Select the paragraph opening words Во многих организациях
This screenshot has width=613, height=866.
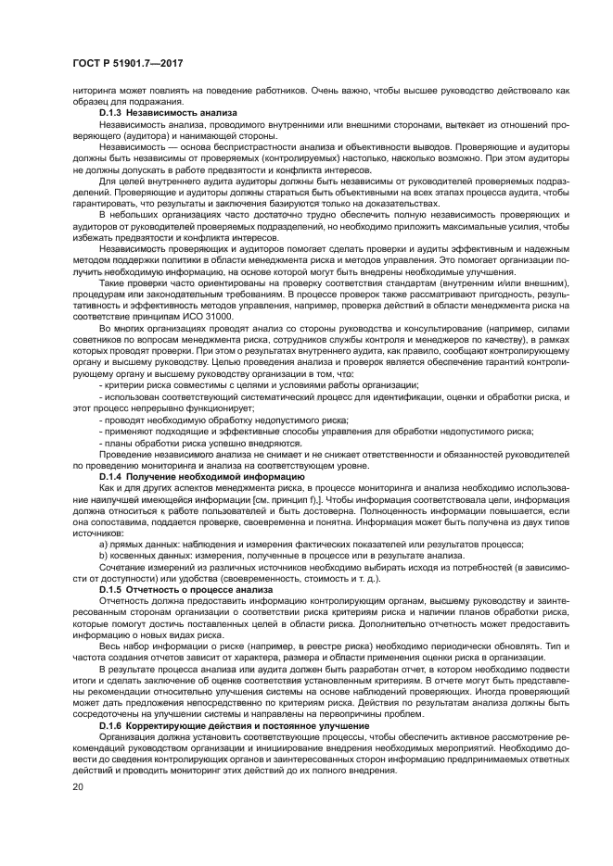152,329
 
